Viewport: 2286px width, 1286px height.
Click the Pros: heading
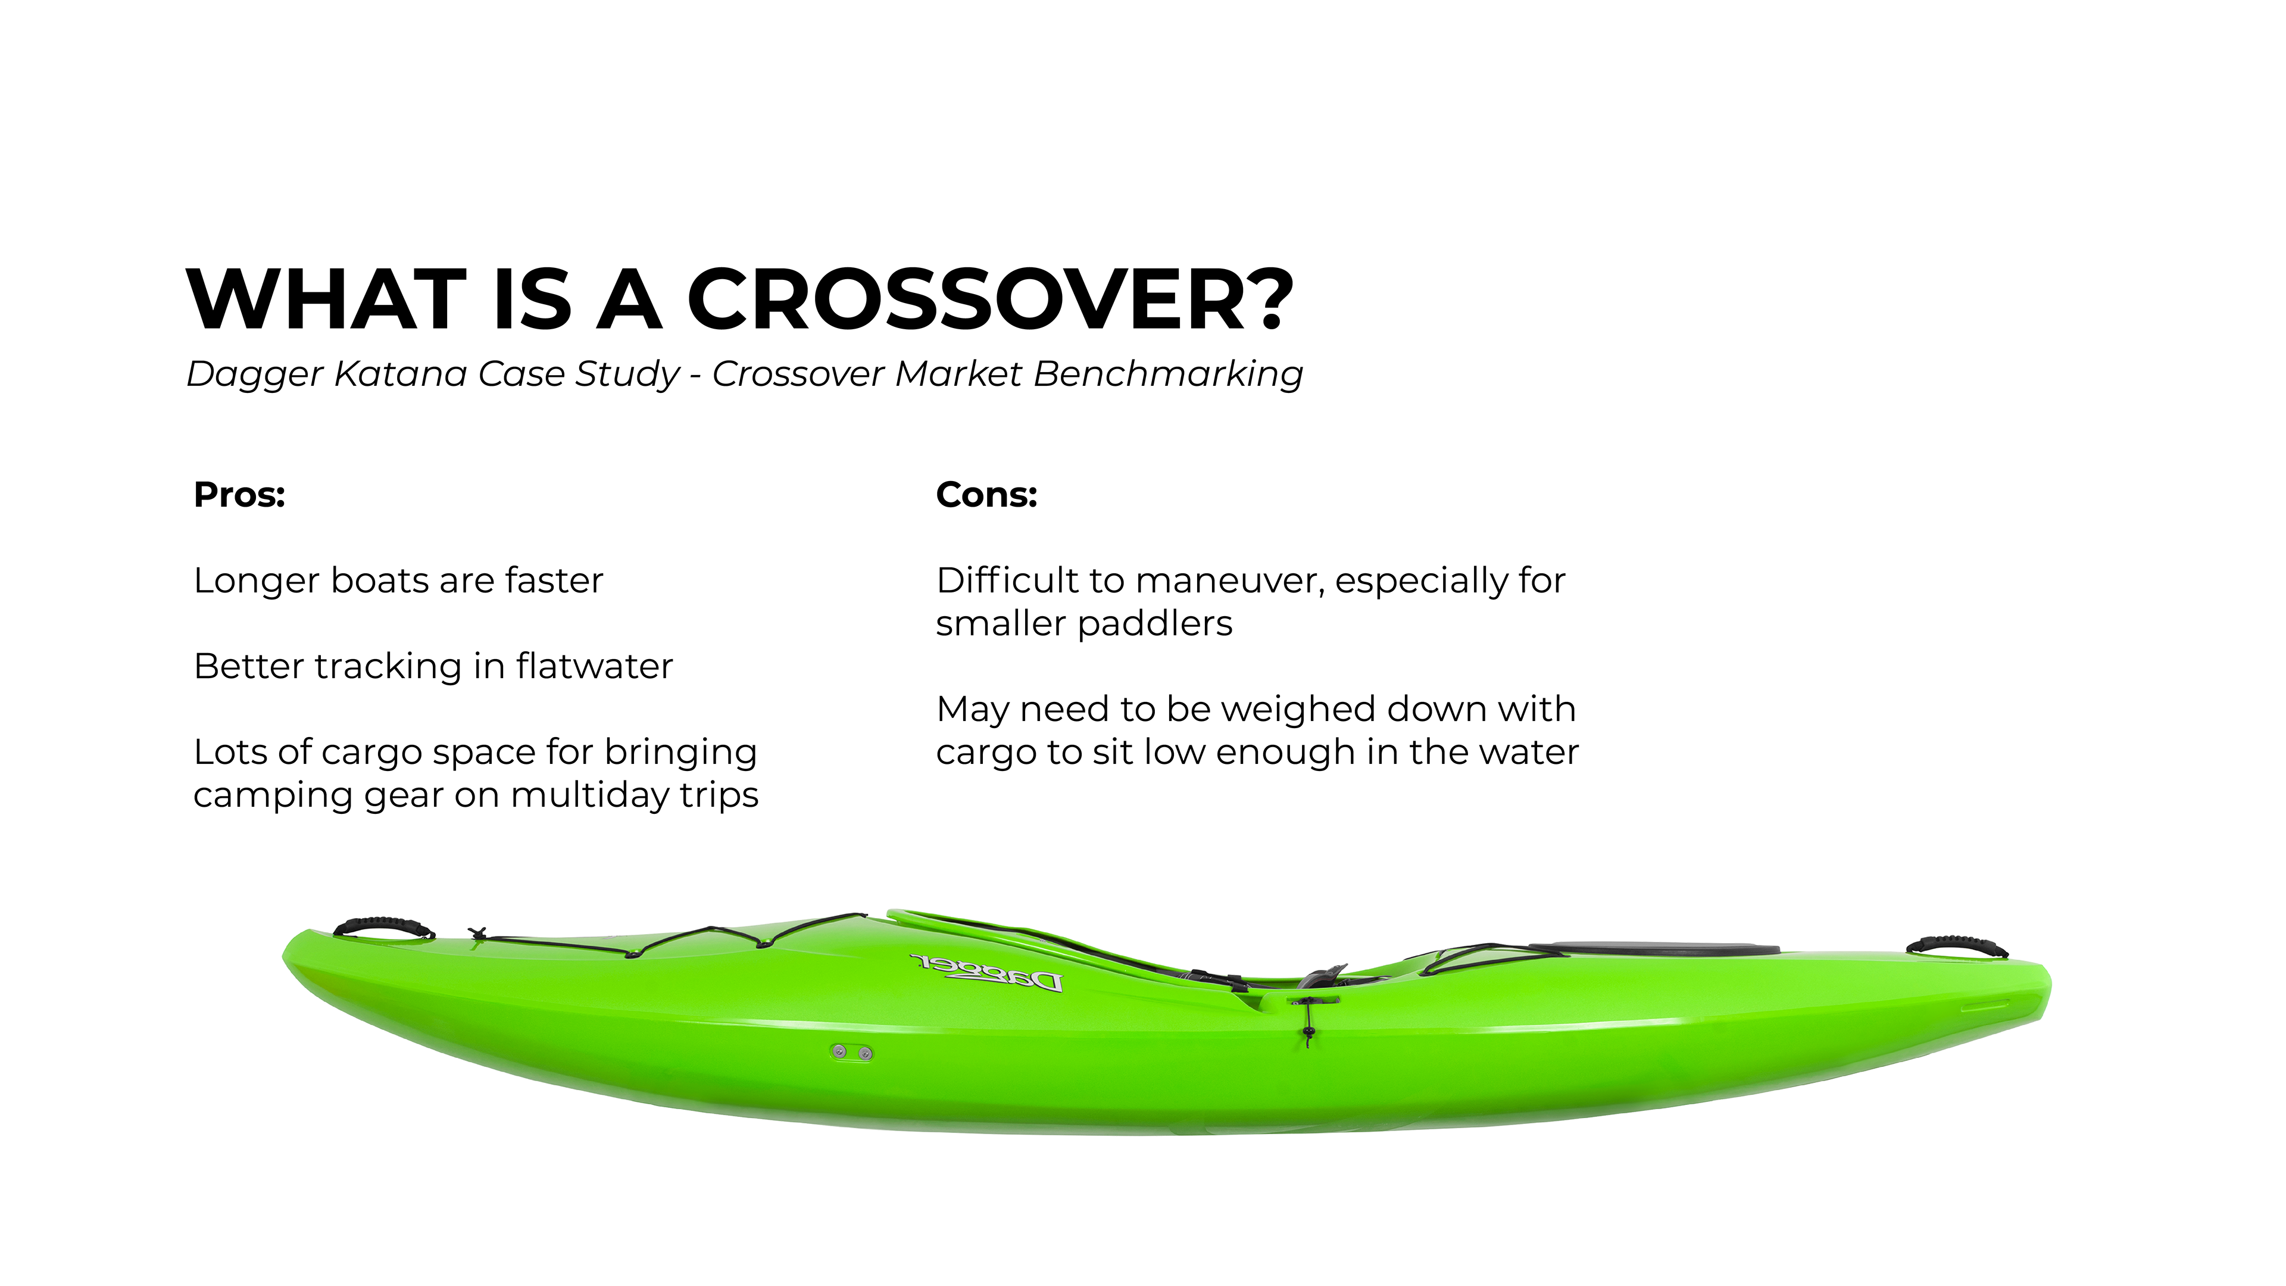239,494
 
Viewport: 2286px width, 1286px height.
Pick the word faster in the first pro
554,580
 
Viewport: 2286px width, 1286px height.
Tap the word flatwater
595,666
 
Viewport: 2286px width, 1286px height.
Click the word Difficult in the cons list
1006,580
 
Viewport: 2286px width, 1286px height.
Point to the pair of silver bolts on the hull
851,1051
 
